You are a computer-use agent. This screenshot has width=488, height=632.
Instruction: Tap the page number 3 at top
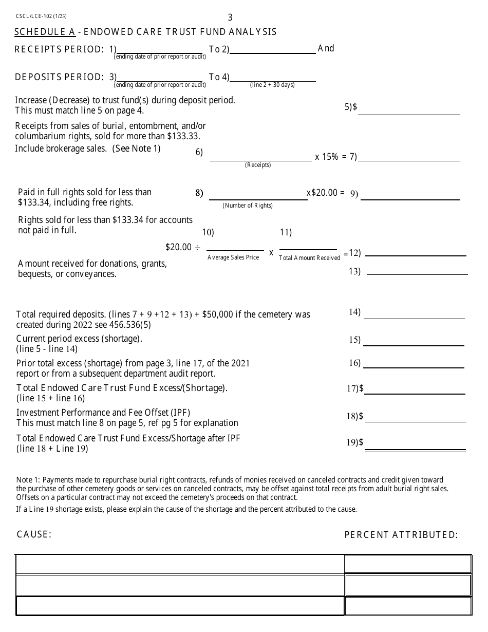[230, 17]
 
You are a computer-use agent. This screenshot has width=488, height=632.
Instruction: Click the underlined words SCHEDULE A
[45, 32]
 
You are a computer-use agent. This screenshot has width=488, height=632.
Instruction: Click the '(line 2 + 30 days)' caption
[272, 85]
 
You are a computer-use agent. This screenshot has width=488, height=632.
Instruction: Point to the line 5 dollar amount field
[409, 109]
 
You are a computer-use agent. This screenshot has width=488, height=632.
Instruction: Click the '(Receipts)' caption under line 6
[258, 165]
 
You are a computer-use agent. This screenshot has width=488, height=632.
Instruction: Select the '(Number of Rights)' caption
[248, 206]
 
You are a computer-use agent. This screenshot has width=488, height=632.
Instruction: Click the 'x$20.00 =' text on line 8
[326, 193]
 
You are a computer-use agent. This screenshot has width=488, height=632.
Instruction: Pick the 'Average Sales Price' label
[233, 257]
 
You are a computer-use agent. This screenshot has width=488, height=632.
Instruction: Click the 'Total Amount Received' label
[309, 258]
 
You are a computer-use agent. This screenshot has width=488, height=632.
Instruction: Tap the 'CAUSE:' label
[34, 534]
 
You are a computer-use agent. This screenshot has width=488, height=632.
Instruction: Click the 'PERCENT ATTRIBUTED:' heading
[401, 535]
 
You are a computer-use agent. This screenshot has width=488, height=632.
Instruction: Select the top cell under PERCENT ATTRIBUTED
[408, 564]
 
